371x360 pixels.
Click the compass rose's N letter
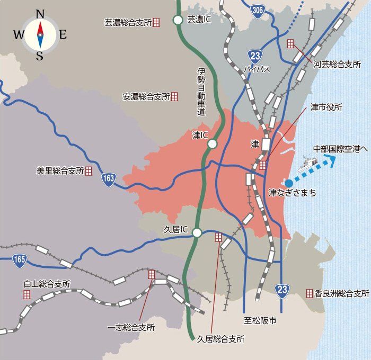tap(40, 14)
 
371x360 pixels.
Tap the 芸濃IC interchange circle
tap(178, 20)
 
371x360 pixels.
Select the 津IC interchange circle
tap(212, 143)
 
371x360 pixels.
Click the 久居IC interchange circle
tap(197, 232)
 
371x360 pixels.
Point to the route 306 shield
tap(258, 11)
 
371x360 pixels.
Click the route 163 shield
tap(109, 179)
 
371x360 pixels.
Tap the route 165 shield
tap(20, 259)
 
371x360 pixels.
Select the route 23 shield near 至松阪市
tap(282, 289)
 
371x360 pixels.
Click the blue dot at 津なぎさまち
tap(288, 182)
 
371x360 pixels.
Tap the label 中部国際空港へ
tap(340, 149)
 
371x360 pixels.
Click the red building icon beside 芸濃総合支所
tap(156, 22)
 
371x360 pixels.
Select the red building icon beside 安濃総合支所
tap(174, 97)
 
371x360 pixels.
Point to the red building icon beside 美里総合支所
tap(89, 171)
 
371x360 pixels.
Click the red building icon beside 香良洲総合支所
tap(310, 293)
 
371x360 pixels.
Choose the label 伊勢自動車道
tap(201, 92)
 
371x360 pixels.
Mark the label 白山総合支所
tap(47, 284)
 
